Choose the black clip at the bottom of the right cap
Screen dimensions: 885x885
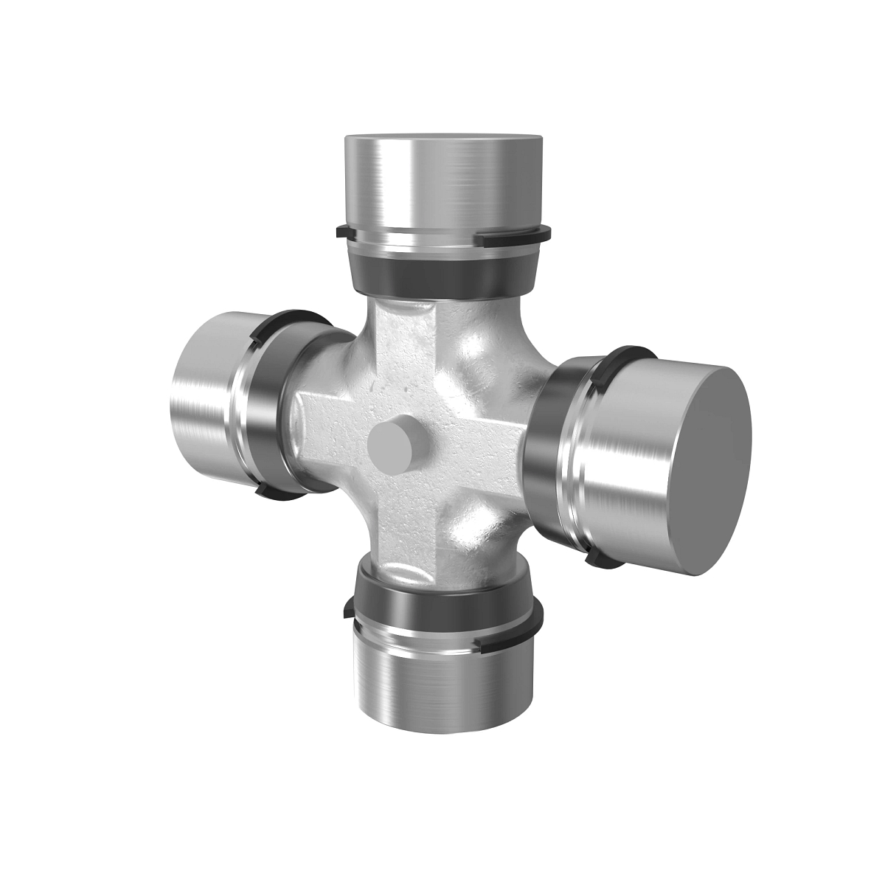pyautogui.click(x=599, y=562)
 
